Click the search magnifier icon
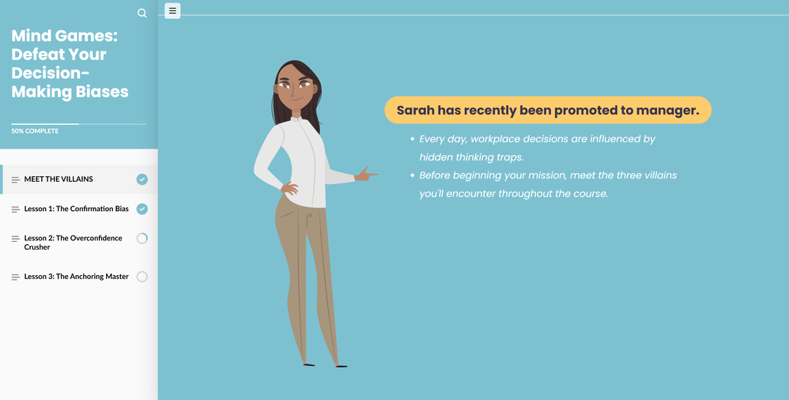click(x=142, y=13)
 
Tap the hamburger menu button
click(x=172, y=10)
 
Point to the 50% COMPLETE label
click(x=35, y=130)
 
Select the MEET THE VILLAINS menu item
click(x=59, y=179)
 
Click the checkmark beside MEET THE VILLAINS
click(x=142, y=179)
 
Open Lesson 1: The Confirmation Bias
click(x=77, y=209)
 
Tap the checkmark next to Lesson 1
click(x=142, y=209)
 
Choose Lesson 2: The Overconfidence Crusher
click(x=73, y=243)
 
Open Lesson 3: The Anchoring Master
click(x=77, y=277)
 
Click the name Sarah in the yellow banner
click(x=415, y=110)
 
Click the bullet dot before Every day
click(x=412, y=139)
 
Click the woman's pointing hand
click(x=366, y=174)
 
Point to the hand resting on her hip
click(x=289, y=189)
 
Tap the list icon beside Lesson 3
click(x=16, y=277)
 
